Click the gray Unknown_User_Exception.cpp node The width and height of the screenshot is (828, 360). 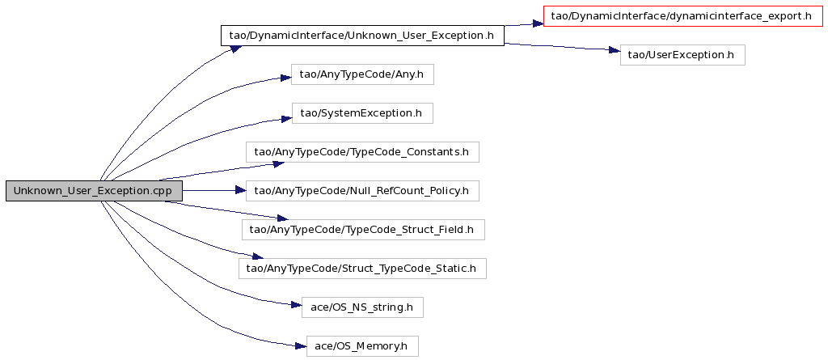point(94,191)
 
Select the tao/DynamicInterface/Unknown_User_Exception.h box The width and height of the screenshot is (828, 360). point(362,36)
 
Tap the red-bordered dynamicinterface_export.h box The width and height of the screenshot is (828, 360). point(683,16)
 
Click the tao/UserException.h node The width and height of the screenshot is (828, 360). point(682,55)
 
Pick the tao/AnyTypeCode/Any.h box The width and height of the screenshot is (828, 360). point(362,74)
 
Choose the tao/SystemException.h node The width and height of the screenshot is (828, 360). point(362,113)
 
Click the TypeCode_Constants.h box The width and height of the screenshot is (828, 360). point(362,152)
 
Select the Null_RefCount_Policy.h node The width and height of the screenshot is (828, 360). point(362,191)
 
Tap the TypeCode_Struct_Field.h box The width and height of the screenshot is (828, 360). point(363,230)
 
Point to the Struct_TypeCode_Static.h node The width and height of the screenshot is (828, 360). point(362,269)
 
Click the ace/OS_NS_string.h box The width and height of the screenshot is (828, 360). point(362,307)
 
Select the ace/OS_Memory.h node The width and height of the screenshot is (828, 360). point(362,346)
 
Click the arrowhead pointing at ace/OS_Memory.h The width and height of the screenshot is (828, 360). point(300,346)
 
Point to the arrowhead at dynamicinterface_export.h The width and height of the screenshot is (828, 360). point(537,23)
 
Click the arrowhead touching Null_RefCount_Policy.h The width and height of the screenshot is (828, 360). point(239,191)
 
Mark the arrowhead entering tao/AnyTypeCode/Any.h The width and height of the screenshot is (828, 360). point(285,78)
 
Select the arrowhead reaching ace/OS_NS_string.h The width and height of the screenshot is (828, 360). point(294,305)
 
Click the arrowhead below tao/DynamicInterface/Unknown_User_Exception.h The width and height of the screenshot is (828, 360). point(235,49)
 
